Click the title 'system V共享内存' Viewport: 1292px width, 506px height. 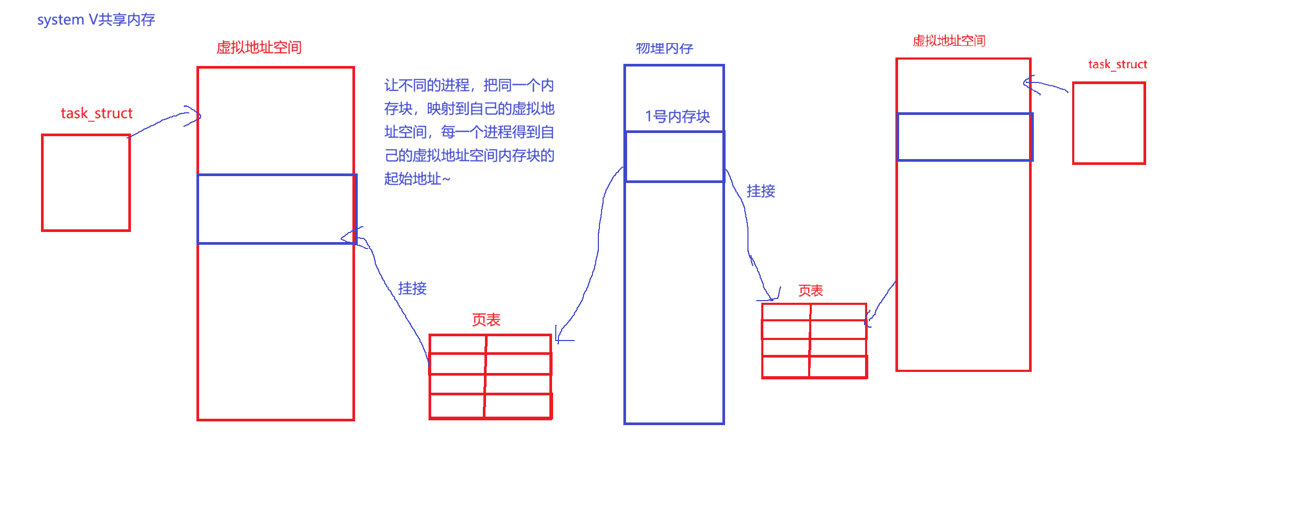[96, 20]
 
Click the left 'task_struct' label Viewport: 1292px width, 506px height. [96, 113]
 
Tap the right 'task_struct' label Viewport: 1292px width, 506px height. [1117, 64]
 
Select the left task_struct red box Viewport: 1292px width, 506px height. [86, 183]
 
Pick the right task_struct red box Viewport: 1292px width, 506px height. [1109, 123]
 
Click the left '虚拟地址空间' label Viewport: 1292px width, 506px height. [259, 47]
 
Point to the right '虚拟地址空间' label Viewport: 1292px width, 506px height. [949, 41]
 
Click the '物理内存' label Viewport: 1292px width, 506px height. [664, 48]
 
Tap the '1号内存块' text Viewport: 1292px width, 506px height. [677, 117]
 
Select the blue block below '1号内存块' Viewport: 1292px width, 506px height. [674, 156]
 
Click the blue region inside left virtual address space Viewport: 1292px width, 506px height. [276, 209]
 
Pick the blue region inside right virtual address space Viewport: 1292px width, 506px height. [964, 137]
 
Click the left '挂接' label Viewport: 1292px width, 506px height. [412, 288]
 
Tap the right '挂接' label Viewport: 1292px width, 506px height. [761, 191]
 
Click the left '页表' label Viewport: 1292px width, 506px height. [486, 320]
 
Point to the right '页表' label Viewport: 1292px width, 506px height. [810, 291]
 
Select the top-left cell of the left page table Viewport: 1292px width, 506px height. [457, 344]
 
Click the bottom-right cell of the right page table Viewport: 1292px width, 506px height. [838, 367]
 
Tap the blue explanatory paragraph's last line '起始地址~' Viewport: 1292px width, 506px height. [417, 179]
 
